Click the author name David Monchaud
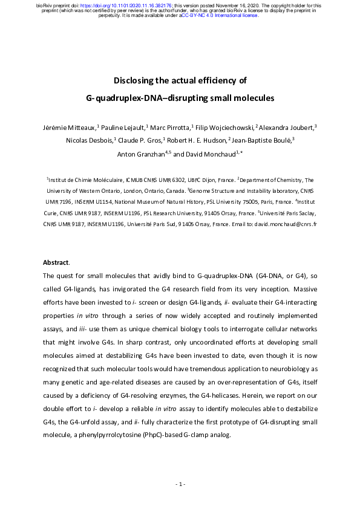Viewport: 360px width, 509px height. point(209,154)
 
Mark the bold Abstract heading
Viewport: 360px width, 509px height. point(55,262)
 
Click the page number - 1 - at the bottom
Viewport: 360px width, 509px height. point(180,484)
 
